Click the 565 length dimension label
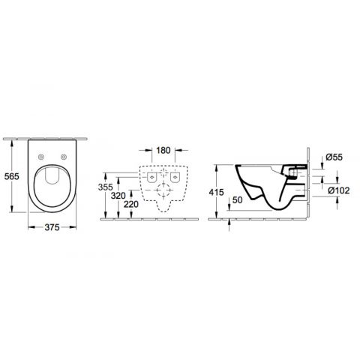[x=12, y=176]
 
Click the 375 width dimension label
[x=52, y=227]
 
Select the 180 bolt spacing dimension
[x=163, y=150]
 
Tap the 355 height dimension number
[x=105, y=187]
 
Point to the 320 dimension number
[x=118, y=196]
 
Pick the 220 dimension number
[x=131, y=204]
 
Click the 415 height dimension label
[x=217, y=192]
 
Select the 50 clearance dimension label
[x=237, y=200]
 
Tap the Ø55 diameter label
[x=334, y=157]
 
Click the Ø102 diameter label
[x=338, y=190]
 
